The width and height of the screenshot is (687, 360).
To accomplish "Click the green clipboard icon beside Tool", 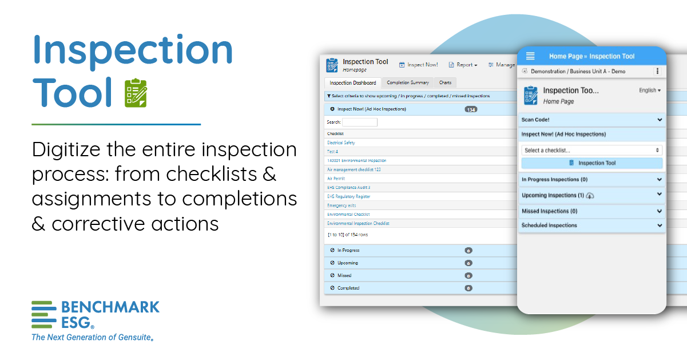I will click(136, 93).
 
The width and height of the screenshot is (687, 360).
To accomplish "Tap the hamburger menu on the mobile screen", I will click(530, 56).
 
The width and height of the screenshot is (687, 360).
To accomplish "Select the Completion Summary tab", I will click(407, 83).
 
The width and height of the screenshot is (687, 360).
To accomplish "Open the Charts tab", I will click(445, 83).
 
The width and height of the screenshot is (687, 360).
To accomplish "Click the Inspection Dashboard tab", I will click(353, 83).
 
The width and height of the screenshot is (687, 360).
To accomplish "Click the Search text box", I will click(360, 122).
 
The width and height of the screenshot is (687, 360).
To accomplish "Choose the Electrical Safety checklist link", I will click(341, 143).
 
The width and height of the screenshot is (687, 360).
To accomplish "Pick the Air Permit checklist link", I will click(336, 179).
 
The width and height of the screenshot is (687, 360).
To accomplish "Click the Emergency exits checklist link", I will click(341, 205).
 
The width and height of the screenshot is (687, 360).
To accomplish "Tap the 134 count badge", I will click(471, 109).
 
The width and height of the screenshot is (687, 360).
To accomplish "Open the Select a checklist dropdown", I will click(591, 151).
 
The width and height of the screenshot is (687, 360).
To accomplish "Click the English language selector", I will click(649, 90).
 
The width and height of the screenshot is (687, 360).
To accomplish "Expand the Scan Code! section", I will click(591, 120).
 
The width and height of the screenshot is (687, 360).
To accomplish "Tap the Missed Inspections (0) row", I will click(591, 211).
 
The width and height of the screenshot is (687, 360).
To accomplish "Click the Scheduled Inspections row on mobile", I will click(591, 226).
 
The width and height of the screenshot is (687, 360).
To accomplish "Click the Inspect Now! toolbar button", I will click(419, 65).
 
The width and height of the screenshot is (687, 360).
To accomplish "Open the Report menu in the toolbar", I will click(463, 65).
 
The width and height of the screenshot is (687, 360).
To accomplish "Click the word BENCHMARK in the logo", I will click(110, 307).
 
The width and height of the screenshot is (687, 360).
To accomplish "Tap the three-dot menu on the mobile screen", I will click(657, 72).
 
